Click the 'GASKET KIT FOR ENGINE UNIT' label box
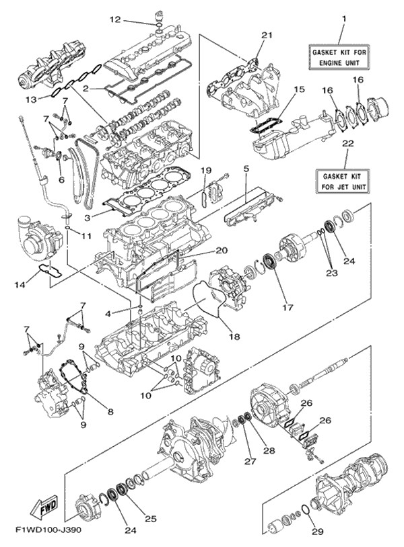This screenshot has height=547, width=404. tap(339, 58)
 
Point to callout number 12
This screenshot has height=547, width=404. tap(115, 19)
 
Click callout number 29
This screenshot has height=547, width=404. tap(318, 532)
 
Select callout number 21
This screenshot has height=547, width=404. tap(267, 35)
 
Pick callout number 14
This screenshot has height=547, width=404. tap(20, 285)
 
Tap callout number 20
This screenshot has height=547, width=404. tap(222, 250)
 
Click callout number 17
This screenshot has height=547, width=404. tap(288, 307)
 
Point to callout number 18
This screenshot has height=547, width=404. tap(234, 336)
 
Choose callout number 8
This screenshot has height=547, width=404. tap(110, 412)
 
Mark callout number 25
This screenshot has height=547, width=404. tap(151, 518)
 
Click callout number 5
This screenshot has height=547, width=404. tap(246, 169)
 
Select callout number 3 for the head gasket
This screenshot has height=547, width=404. tap(88, 218)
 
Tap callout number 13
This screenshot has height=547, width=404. tap(31, 99)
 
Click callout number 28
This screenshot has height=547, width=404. tap(269, 450)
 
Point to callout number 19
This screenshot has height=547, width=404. tap(206, 170)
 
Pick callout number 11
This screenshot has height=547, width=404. tap(86, 236)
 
